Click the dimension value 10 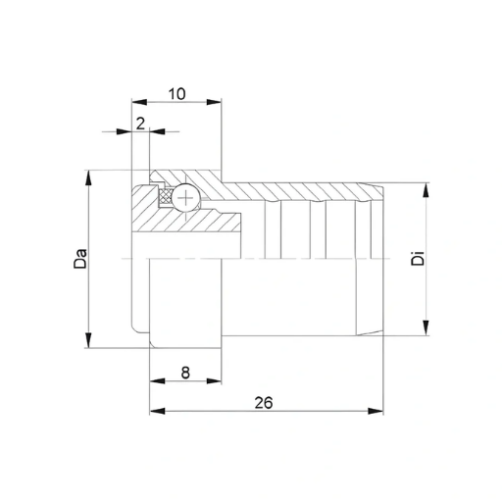[176, 94]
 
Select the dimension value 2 [140, 124]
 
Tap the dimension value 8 [185, 373]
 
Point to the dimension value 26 [264, 403]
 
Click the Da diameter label [80, 259]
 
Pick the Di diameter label [418, 258]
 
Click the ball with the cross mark [185, 198]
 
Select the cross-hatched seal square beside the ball [166, 197]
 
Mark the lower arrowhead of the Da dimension [88, 340]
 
